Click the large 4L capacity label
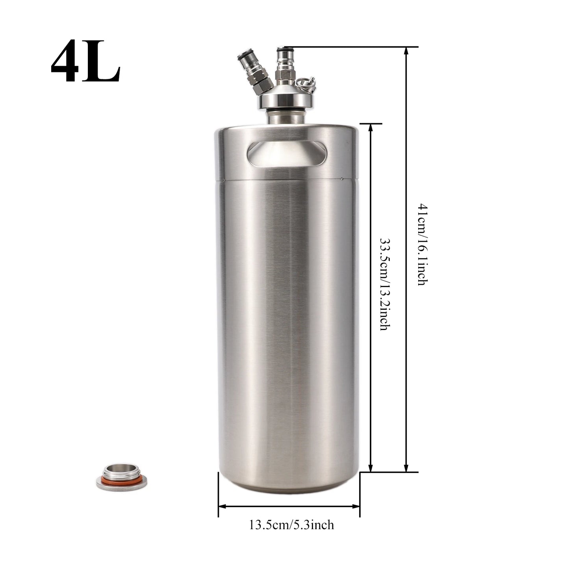coord(85,61)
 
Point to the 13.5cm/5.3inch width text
coord(292,525)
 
